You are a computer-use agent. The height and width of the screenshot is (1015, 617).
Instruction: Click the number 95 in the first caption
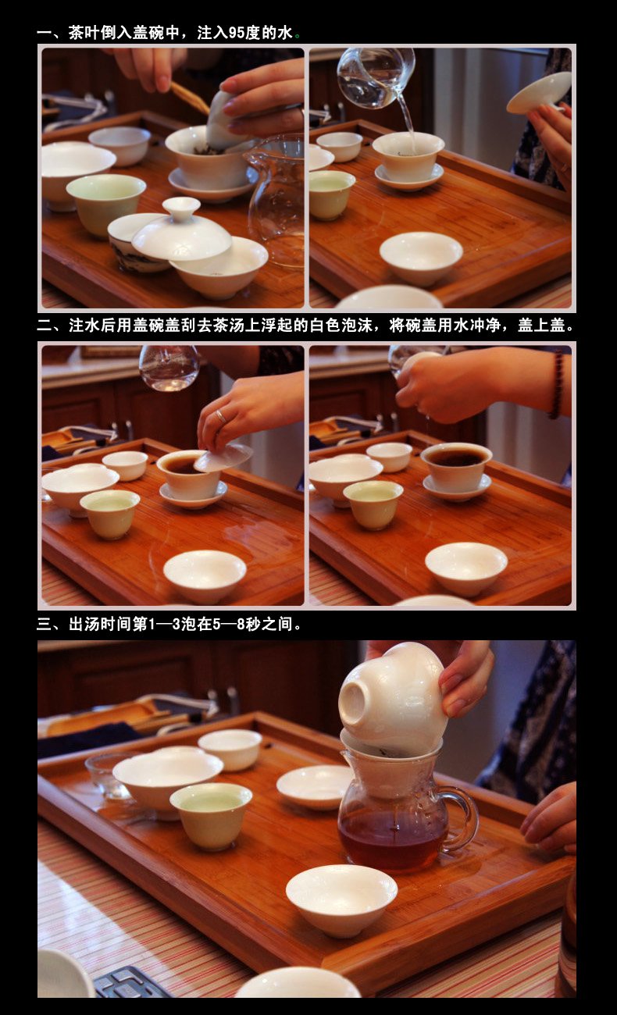(237, 33)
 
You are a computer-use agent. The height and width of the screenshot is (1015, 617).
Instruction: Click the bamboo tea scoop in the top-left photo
(190, 98)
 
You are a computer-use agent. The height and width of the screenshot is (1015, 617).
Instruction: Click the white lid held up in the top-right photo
(539, 93)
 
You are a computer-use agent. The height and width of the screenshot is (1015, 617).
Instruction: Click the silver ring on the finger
(220, 415)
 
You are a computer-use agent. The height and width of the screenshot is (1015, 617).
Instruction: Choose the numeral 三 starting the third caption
(44, 625)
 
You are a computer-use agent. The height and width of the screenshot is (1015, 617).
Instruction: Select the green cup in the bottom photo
(211, 816)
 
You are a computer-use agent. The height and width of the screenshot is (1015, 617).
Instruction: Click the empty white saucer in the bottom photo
(315, 786)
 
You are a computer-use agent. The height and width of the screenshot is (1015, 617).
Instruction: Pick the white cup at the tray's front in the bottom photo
(341, 899)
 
